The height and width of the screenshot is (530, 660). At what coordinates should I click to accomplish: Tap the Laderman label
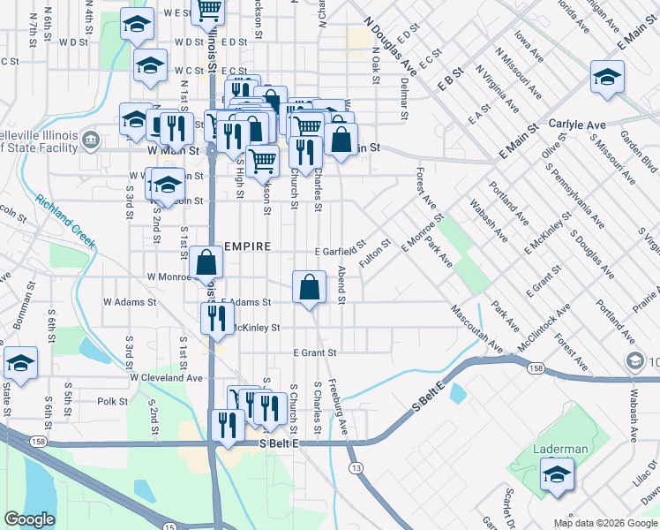tap(560, 449)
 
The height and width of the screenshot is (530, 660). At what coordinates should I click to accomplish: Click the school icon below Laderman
tap(555, 477)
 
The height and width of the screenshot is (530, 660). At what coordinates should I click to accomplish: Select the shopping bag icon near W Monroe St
tap(206, 263)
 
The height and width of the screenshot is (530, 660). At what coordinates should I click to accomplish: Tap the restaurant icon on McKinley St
tap(216, 318)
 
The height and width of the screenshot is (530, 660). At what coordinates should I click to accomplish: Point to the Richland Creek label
tap(65, 221)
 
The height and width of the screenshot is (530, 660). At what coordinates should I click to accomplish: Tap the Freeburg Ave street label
tap(341, 407)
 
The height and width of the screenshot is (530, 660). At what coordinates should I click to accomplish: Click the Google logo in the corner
tap(30, 519)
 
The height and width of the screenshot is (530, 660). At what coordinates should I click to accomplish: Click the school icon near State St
tap(19, 363)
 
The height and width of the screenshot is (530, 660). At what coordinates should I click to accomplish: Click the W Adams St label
tap(130, 301)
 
